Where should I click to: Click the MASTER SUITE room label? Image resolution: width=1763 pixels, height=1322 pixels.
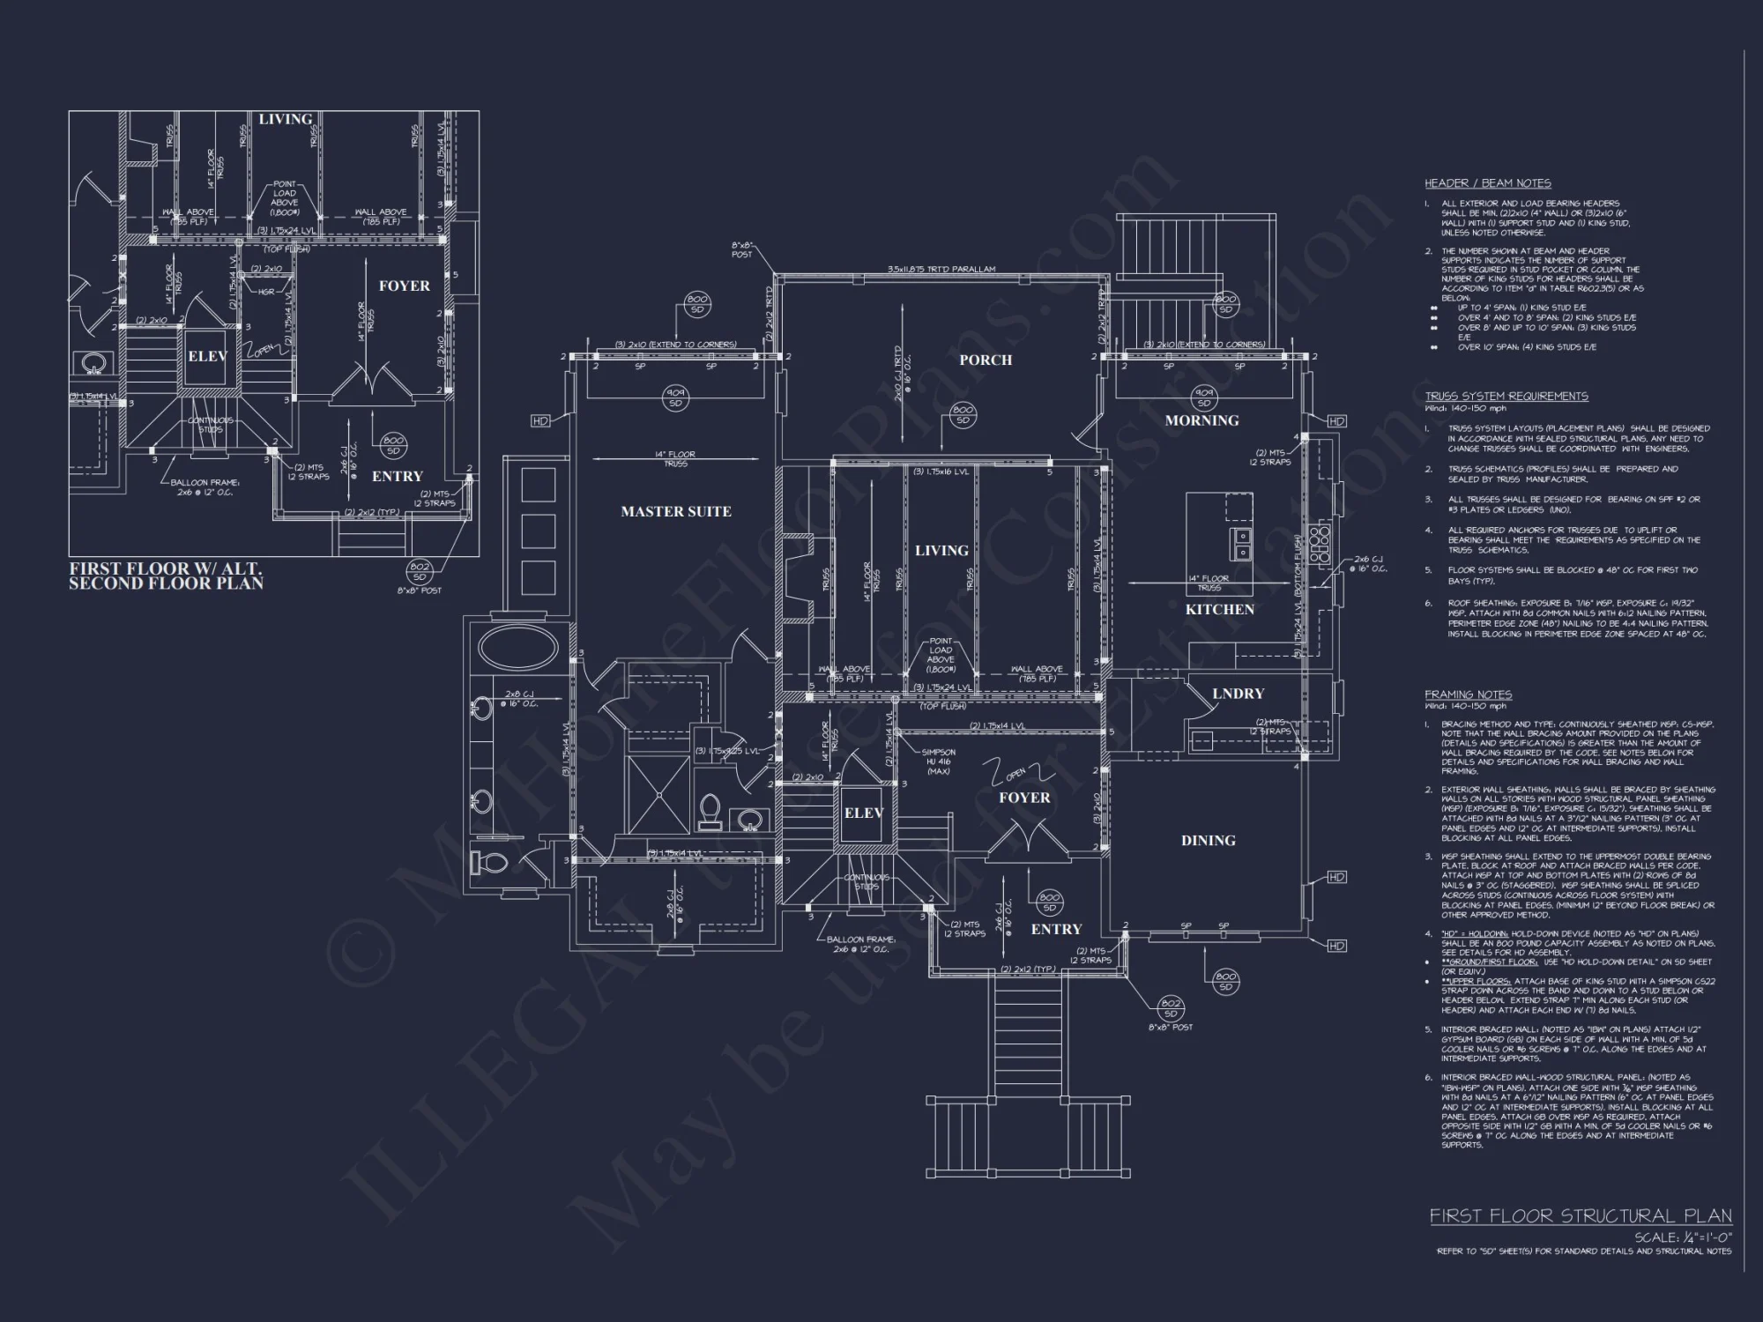(x=675, y=511)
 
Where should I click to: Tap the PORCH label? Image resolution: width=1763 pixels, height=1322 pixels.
(x=986, y=360)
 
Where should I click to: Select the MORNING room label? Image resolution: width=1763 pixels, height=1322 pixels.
(x=1201, y=420)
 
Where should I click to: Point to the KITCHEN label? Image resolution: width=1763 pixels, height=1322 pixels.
(x=1219, y=609)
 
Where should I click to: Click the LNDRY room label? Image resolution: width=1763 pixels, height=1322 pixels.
(x=1238, y=694)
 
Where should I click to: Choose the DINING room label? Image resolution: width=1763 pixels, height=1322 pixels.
(x=1208, y=840)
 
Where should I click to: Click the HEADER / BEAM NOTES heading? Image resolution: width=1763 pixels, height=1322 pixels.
(x=1487, y=183)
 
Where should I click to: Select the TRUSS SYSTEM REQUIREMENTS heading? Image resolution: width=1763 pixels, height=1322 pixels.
(x=1506, y=396)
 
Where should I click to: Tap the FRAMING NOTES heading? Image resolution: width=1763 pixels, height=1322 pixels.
(x=1468, y=694)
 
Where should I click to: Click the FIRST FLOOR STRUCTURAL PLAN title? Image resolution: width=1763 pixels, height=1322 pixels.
(x=1580, y=1216)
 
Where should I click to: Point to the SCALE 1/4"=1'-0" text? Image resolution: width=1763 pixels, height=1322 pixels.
(x=1682, y=1237)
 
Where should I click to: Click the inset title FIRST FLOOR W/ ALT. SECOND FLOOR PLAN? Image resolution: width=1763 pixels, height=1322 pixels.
(x=166, y=576)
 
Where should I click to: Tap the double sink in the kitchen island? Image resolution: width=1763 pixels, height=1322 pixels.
(x=1240, y=544)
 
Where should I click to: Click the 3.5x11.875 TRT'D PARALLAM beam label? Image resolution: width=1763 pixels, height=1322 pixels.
(x=941, y=270)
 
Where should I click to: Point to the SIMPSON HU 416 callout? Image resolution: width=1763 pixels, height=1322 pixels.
(x=938, y=761)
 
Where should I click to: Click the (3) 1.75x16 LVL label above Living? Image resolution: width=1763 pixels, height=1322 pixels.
(x=941, y=472)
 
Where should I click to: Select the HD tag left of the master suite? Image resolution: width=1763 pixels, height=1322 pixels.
(x=540, y=421)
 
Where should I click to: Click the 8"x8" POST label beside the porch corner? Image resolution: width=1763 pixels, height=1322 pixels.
(x=742, y=249)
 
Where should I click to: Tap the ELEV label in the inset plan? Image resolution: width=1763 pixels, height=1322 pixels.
(x=207, y=356)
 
